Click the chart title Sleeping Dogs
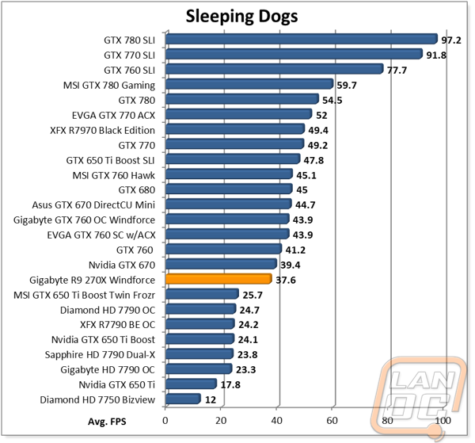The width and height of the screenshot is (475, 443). pyautogui.click(x=241, y=17)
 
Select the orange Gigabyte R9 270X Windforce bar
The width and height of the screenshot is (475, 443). pyautogui.click(x=218, y=279)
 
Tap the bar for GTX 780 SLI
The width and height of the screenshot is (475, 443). pyautogui.click(x=302, y=39)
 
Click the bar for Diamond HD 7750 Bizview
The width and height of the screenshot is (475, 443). pyautogui.click(x=183, y=399)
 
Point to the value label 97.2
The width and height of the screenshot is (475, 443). pyautogui.click(x=450, y=40)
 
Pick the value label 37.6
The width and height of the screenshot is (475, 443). pyautogui.click(x=285, y=280)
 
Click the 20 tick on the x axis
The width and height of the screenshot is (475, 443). pyautogui.click(x=221, y=421)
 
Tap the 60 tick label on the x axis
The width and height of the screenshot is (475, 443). pyautogui.click(x=332, y=421)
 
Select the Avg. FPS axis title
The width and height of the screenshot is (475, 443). pyautogui.click(x=107, y=422)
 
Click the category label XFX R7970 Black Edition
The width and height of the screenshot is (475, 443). pyautogui.click(x=102, y=131)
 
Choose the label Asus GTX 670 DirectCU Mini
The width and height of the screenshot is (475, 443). pyautogui.click(x=93, y=205)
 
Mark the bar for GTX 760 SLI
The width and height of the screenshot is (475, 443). pyautogui.click(x=275, y=69)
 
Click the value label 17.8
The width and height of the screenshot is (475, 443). pyautogui.click(x=230, y=384)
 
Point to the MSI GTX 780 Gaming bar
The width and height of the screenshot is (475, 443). pyautogui.click(x=249, y=84)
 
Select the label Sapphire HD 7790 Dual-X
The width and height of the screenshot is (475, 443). pyautogui.click(x=100, y=355)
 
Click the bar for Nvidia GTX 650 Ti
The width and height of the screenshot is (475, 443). pyautogui.click(x=191, y=384)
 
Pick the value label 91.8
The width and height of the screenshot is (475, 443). pyautogui.click(x=436, y=55)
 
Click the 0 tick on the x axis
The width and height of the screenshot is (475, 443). pyautogui.click(x=165, y=421)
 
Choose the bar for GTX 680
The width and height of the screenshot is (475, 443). pyautogui.click(x=229, y=189)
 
